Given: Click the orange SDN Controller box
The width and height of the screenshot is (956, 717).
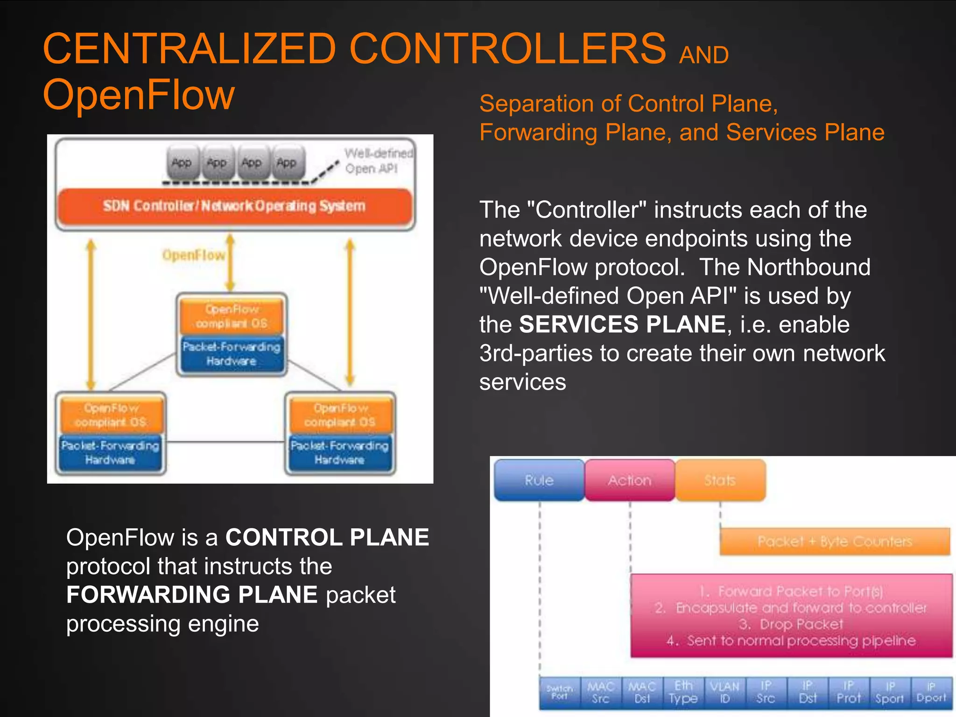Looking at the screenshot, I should click(x=235, y=206).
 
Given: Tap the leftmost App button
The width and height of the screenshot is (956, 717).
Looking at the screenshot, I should click(x=182, y=163).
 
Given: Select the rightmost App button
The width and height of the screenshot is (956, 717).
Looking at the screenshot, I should click(x=287, y=163).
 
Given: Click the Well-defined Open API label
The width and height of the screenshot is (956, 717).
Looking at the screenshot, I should click(x=379, y=161).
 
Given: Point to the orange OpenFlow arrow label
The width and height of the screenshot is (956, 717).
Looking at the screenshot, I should click(x=194, y=255).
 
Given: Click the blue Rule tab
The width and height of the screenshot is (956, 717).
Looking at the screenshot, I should click(x=539, y=480).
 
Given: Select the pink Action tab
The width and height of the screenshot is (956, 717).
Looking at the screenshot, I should click(x=629, y=480).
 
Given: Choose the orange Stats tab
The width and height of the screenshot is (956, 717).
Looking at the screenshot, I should click(x=720, y=480).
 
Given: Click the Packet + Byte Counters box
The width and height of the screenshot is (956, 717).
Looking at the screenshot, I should click(x=835, y=541).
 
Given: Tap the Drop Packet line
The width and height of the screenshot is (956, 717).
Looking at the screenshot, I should click(x=791, y=624).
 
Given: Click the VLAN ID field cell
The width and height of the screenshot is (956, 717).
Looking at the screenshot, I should click(x=724, y=692).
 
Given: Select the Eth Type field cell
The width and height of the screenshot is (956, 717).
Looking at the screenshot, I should click(x=683, y=692).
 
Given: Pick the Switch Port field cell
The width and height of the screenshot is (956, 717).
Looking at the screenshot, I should click(x=560, y=692).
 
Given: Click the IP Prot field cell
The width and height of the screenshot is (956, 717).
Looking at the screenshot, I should click(x=848, y=692).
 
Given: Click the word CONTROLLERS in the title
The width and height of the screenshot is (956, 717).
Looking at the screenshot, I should click(x=507, y=48).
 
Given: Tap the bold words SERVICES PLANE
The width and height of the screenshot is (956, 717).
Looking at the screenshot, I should click(x=622, y=324).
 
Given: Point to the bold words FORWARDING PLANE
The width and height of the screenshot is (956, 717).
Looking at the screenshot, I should click(x=192, y=595).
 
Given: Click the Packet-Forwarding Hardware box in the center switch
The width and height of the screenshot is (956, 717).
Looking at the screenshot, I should click(x=232, y=354).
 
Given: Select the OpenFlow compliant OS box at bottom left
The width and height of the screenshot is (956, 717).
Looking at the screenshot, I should click(x=111, y=415).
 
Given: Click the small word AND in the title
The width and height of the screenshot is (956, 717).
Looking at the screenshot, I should click(x=703, y=55).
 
